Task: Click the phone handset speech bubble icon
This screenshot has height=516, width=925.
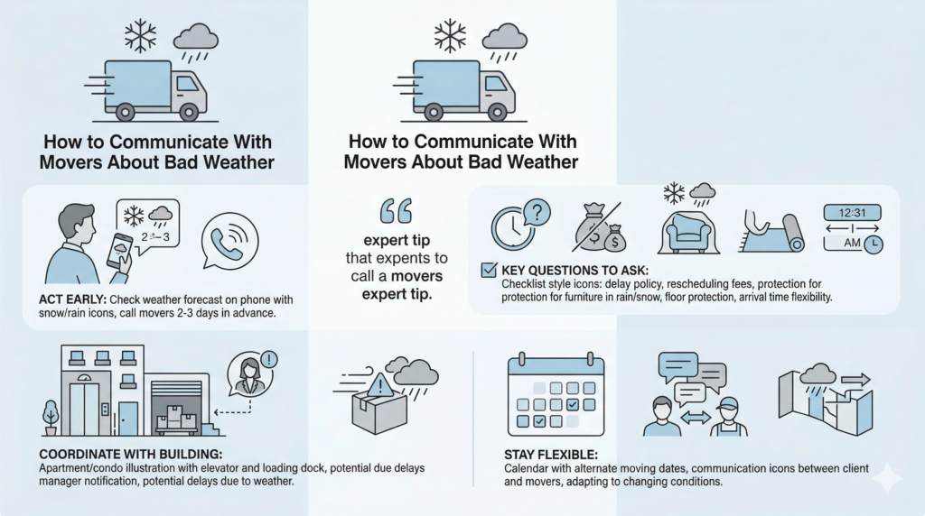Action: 229,239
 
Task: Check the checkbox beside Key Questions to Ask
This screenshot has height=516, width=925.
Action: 488,270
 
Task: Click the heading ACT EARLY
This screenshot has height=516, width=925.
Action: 73,299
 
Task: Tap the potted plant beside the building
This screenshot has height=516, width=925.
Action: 50,418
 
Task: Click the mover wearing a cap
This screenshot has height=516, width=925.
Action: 728,416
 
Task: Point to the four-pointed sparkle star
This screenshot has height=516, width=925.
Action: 887,480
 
